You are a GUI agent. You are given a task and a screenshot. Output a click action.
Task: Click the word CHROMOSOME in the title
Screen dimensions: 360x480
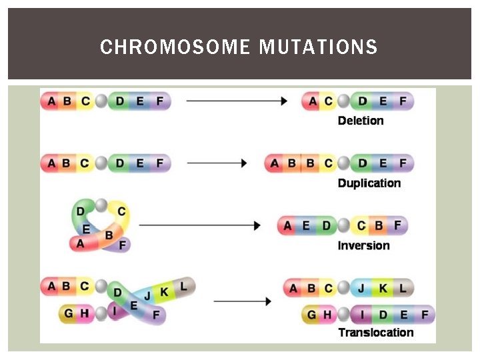(x=175, y=47)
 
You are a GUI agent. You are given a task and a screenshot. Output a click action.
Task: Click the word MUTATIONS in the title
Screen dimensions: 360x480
(x=318, y=47)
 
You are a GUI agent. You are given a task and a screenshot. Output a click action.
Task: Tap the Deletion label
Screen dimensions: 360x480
(x=361, y=121)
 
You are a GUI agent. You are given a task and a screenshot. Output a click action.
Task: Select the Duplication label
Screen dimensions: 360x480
(x=369, y=183)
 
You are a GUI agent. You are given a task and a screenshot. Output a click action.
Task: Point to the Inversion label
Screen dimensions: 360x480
(x=363, y=245)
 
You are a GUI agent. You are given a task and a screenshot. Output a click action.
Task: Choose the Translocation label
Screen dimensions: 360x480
(x=376, y=332)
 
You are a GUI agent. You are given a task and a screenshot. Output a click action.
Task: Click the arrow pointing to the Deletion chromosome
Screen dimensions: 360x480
(x=237, y=101)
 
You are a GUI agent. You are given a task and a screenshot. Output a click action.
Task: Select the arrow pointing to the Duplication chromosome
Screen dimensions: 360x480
(x=217, y=163)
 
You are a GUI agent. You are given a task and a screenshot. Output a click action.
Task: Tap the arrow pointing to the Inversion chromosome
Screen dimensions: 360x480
(x=199, y=225)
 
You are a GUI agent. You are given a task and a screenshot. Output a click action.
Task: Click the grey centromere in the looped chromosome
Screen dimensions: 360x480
(x=101, y=204)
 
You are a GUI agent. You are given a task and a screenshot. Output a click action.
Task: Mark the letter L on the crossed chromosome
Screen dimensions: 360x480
(x=184, y=286)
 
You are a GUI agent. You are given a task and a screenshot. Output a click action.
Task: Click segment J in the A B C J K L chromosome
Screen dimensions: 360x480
(x=362, y=288)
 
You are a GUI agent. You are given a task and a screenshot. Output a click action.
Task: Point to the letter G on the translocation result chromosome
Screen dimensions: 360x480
(x=311, y=314)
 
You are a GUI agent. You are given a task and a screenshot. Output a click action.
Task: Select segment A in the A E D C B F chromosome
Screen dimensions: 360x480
(x=288, y=225)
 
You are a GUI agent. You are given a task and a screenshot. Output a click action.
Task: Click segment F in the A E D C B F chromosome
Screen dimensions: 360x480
(x=397, y=225)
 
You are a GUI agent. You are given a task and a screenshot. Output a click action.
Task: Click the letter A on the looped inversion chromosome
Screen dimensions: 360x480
(x=81, y=243)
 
